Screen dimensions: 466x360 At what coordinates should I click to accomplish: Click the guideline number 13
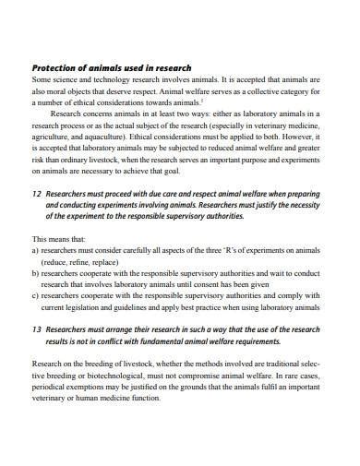(37, 329)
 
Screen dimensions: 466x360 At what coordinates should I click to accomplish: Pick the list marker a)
(36, 249)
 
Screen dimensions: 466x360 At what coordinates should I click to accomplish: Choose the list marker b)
(36, 273)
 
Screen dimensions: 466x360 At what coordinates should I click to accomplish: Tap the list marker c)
(36, 297)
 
